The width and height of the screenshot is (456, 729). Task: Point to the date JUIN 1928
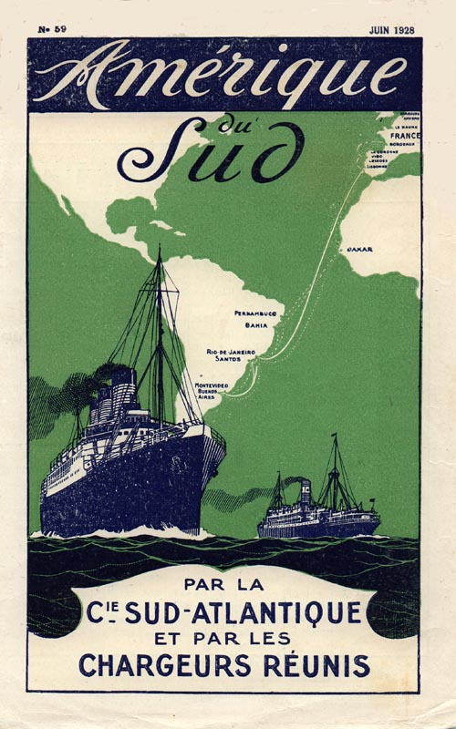390,30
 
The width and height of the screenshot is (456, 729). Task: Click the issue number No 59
52,30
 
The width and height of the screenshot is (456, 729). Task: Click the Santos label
244,361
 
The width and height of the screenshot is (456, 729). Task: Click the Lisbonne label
378,168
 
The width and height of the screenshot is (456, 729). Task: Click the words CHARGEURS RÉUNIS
223,665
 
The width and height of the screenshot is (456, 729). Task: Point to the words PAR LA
223,579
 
